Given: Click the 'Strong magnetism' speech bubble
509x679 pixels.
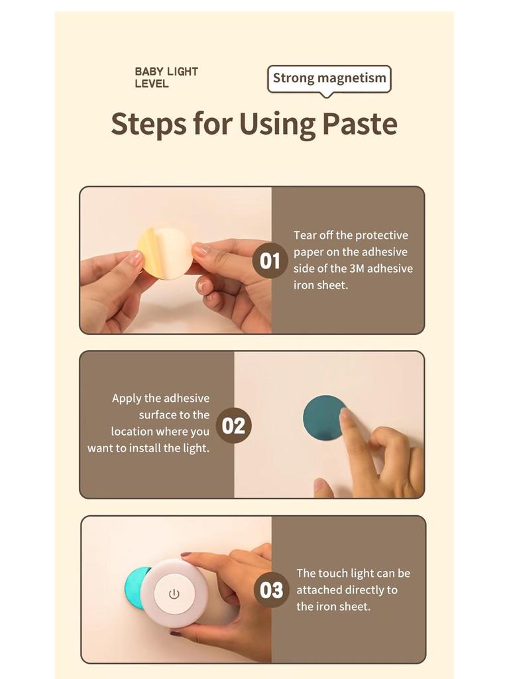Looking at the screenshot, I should [329, 78].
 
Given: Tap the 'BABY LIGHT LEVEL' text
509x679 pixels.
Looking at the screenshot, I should [166, 78].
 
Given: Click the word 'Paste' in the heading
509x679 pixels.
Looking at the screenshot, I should [359, 123].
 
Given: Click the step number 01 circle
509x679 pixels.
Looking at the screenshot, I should [270, 261].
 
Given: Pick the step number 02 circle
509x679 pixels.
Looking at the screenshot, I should [233, 425].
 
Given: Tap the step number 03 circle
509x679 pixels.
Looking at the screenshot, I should [271, 589].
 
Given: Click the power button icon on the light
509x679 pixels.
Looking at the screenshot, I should [174, 593].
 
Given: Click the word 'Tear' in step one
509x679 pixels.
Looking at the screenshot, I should [306, 235].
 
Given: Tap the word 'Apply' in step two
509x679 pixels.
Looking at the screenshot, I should [127, 399].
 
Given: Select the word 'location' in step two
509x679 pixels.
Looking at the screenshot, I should [131, 432].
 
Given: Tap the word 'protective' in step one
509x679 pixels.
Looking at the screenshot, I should [382, 235].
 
